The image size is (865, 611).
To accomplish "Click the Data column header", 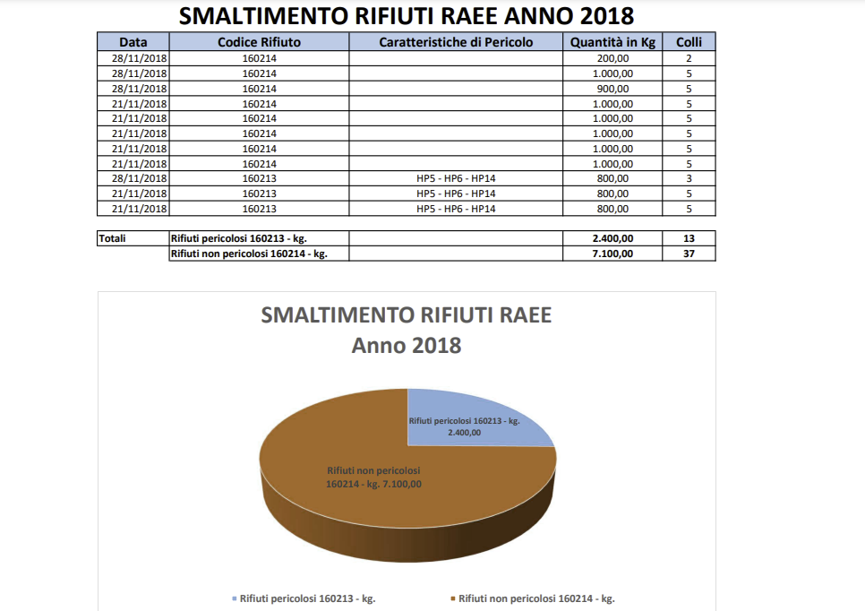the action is point(133,42).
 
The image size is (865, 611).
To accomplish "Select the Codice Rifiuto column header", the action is point(260,42).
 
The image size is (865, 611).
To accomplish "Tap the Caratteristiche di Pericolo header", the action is point(456,42).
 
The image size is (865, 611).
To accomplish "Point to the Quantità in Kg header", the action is point(612,42).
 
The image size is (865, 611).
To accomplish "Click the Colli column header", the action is point(689,42).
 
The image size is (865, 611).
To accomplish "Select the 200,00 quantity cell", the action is point(612,58).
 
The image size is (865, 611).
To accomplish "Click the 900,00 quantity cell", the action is point(612,89).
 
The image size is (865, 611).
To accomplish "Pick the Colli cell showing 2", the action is point(689,58).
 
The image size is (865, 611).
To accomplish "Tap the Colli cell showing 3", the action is point(689,178).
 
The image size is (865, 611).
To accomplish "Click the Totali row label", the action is point(112,238).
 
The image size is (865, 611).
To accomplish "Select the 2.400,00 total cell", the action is point(612,238).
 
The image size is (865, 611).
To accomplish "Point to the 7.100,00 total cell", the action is point(612,254).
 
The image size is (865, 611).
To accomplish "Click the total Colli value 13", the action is point(689,238).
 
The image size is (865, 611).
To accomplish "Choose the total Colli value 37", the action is point(689,254).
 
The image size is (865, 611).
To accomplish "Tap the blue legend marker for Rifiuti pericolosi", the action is point(235,598).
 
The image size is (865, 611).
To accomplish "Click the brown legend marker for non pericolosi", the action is point(453,598).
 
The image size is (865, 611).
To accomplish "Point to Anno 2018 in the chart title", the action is point(407,346).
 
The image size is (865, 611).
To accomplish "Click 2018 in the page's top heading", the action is point(607,16).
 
